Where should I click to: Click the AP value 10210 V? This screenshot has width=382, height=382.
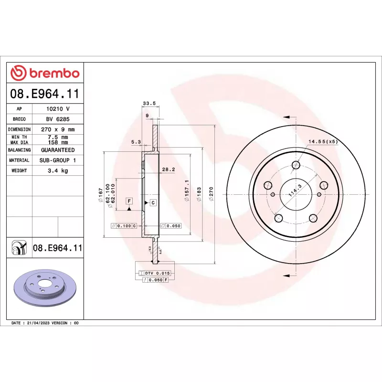(x=58, y=109)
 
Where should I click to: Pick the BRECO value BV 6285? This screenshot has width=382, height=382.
(x=58, y=119)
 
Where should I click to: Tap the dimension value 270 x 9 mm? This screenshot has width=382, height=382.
(x=58, y=129)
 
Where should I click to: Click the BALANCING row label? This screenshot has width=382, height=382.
(x=19, y=150)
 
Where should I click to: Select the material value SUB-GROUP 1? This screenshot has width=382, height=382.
(x=58, y=160)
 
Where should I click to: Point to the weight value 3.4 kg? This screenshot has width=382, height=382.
(x=58, y=170)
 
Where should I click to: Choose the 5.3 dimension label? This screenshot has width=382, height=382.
(x=136, y=141)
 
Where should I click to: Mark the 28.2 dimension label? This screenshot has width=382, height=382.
(x=168, y=169)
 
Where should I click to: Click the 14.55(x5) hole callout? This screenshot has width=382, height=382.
(x=323, y=141)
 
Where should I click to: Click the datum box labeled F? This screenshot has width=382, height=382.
(x=129, y=202)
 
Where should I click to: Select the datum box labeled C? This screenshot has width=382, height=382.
(x=153, y=203)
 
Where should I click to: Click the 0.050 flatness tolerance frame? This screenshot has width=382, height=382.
(x=170, y=226)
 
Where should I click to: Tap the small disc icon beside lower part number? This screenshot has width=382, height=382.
(x=19, y=248)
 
